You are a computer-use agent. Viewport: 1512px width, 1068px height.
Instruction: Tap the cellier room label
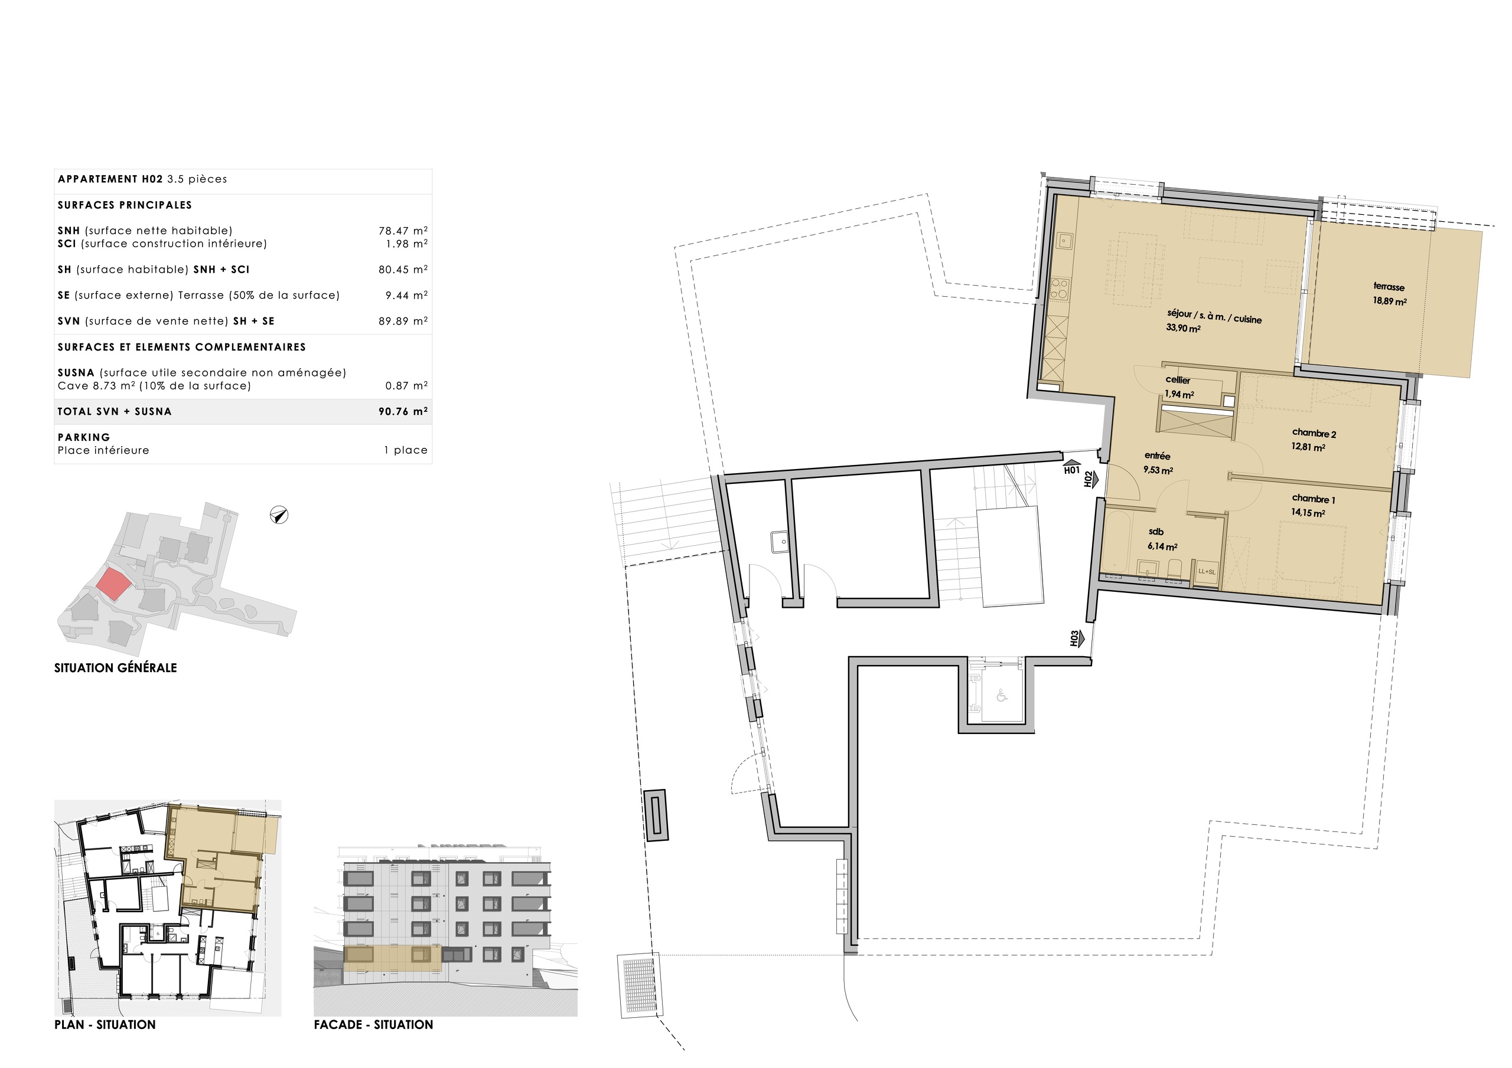tap(1178, 379)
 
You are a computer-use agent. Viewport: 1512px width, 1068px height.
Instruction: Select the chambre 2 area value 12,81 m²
tap(1308, 447)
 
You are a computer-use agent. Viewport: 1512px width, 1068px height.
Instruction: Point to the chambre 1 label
tap(1313, 499)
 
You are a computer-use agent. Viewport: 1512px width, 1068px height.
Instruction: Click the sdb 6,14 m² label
tap(1162, 539)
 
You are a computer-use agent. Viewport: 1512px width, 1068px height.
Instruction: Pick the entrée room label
tap(1157, 456)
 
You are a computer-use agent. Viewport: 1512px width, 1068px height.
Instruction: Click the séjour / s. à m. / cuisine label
tap(1214, 316)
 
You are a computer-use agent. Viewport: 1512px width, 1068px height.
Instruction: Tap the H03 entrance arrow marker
tap(1075, 638)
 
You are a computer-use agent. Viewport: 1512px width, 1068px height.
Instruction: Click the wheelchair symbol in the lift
tap(1002, 695)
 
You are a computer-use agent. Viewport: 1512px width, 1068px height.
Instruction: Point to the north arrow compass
tap(279, 515)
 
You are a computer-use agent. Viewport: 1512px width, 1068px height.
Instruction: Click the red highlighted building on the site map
tap(113, 584)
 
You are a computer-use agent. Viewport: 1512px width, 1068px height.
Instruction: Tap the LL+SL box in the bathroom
tap(1207, 572)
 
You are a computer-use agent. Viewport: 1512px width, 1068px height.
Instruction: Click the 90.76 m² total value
tap(403, 411)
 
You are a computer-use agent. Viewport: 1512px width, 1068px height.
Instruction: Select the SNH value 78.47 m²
tap(403, 230)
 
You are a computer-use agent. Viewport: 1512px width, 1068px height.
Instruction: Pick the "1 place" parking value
tap(406, 450)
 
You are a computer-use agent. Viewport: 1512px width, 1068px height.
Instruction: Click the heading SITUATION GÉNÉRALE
tap(115, 668)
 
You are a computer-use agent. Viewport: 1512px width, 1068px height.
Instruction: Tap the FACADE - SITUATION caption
tap(373, 1024)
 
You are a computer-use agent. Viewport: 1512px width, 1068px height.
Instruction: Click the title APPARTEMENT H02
tap(110, 179)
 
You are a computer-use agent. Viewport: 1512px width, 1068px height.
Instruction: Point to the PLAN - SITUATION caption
tap(105, 1024)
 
